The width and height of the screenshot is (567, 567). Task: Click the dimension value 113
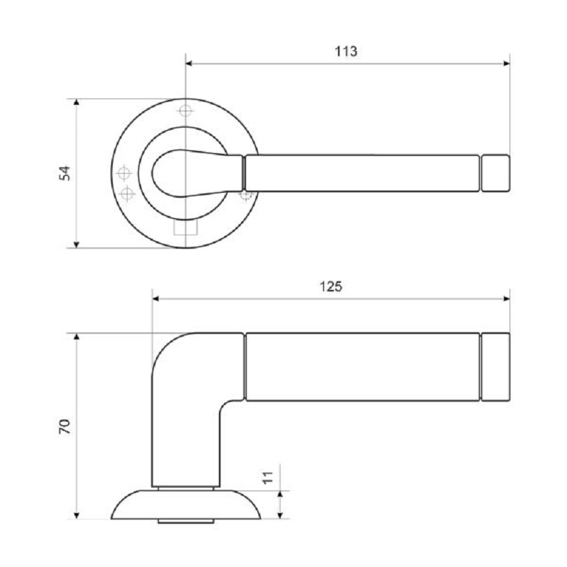pos(346,51)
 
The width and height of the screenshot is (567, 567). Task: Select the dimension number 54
pos(64,173)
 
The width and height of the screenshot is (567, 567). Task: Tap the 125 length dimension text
pos(331,286)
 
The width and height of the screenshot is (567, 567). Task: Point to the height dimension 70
pos(64,426)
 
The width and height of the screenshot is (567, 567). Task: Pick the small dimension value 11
pos(267,477)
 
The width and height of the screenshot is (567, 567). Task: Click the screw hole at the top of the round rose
pos(185,111)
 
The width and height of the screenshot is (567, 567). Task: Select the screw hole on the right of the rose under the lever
pos(245,193)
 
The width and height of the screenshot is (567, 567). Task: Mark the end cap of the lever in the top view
pos(495,173)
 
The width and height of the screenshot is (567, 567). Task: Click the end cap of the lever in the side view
pos(495,366)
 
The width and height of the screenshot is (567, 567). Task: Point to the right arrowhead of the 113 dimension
pos(505,64)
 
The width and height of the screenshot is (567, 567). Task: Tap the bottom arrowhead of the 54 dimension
pos(77,244)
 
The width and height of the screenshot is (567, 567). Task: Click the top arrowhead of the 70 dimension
pos(77,338)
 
